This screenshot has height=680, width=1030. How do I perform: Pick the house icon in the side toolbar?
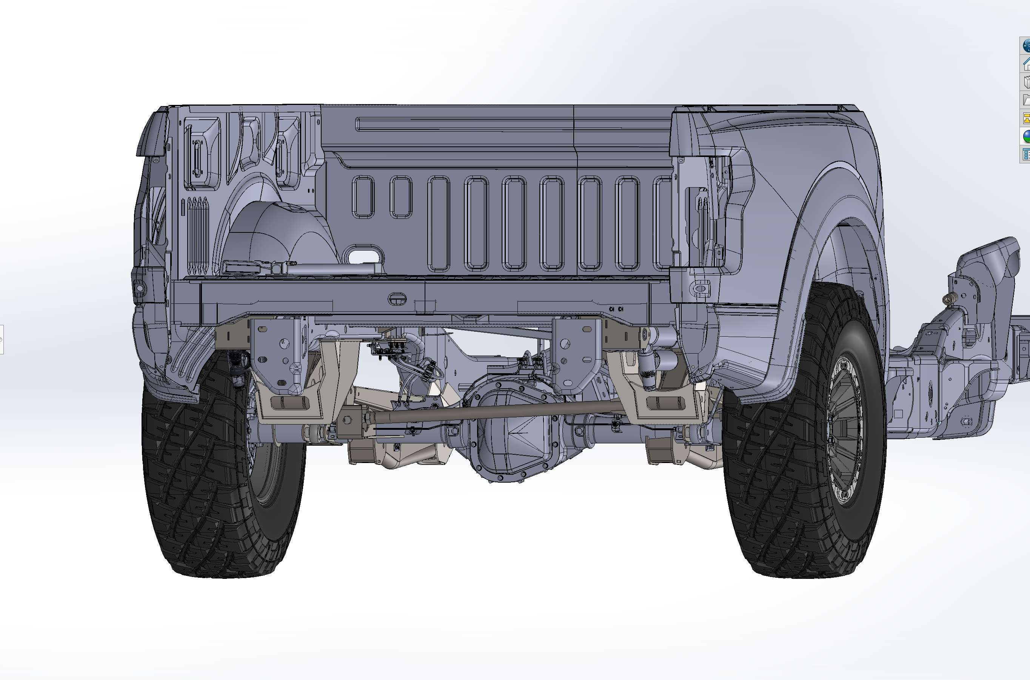(x=1027, y=65)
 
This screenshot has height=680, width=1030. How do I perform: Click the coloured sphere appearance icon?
(x=1027, y=136)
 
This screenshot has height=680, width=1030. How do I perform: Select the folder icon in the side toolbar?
(x=1027, y=100)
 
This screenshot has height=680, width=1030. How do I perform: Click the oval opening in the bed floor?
(x=363, y=255)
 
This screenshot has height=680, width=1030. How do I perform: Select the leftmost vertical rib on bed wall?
(x=363, y=197)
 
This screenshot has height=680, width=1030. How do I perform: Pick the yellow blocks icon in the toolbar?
(x=1027, y=118)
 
